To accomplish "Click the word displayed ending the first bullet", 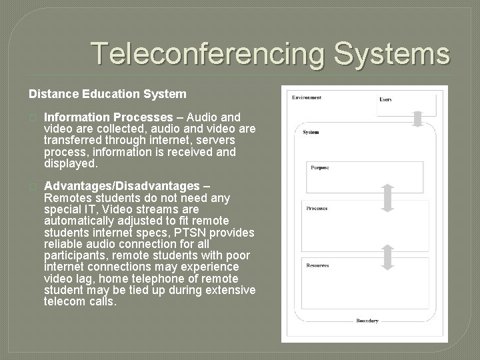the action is (71, 163).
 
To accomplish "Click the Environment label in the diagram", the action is (307, 97).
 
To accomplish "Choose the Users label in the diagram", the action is (385, 99).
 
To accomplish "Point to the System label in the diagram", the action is (311, 132).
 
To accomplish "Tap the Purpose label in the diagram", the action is (319, 167).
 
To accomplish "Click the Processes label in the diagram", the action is (317, 209).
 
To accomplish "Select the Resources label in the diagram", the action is (317, 265).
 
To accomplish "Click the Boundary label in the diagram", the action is (367, 321).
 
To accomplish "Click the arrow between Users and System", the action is (417, 118).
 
